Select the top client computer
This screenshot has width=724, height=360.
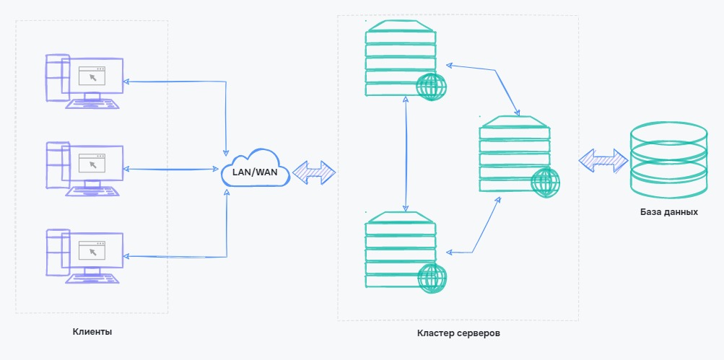click(x=83, y=79)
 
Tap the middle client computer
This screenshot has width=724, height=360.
click(x=83, y=167)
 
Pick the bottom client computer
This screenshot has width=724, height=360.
click(x=83, y=254)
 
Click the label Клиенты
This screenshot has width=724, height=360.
click(x=92, y=332)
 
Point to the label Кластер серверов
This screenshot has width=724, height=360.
click(x=458, y=333)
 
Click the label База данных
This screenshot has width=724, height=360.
click(x=668, y=213)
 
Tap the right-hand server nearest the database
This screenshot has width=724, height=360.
click(x=514, y=154)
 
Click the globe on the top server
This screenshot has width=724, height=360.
click(x=432, y=87)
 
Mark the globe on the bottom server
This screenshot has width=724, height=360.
click(x=432, y=278)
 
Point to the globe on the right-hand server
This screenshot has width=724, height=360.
click(x=545, y=182)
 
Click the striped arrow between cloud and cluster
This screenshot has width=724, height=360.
click(x=314, y=171)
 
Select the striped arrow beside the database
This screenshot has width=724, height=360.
click(x=603, y=159)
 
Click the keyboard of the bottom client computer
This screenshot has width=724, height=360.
click(x=92, y=278)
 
